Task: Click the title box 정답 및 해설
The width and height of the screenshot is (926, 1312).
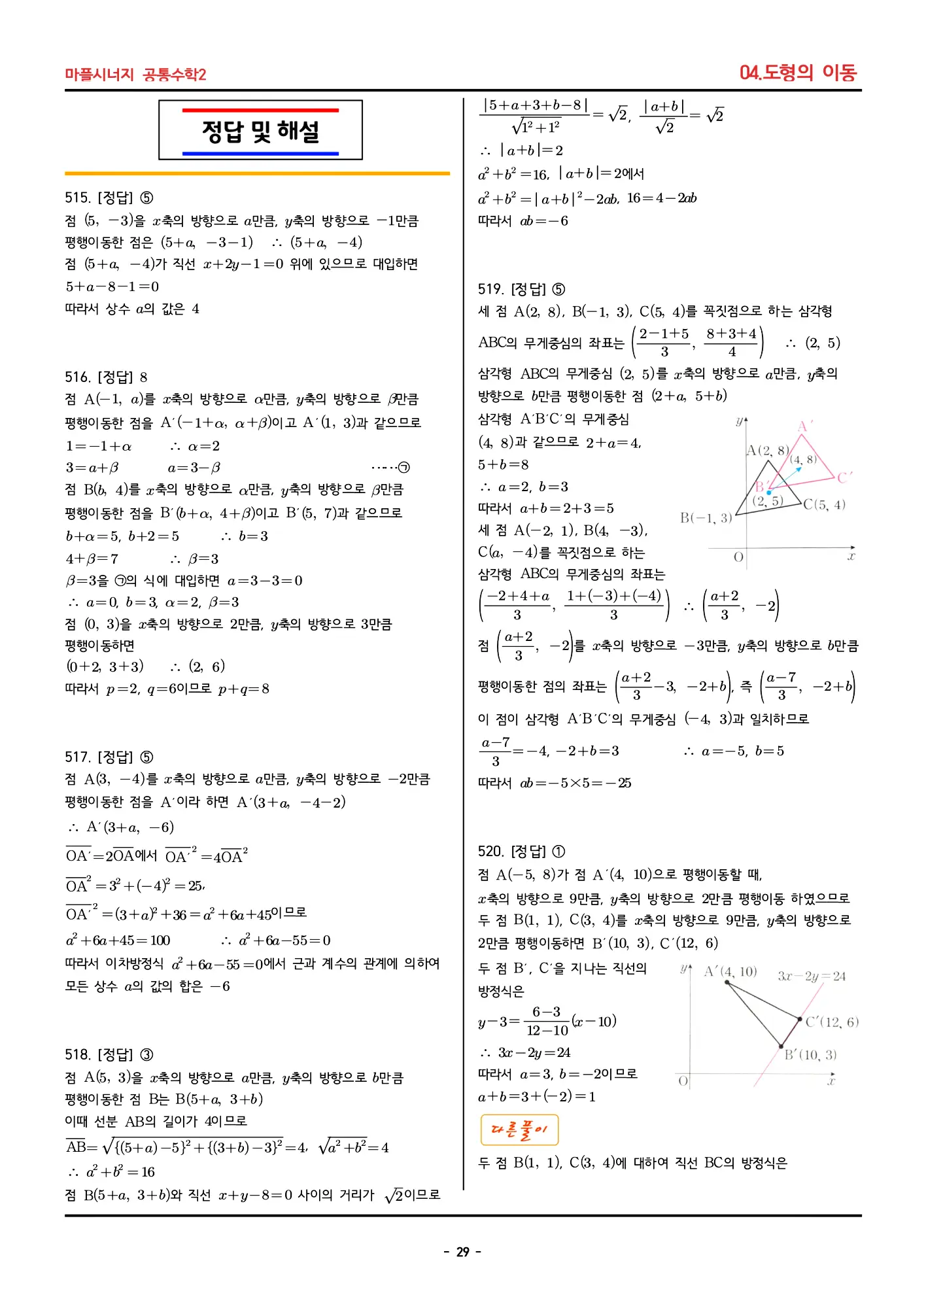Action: click(260, 130)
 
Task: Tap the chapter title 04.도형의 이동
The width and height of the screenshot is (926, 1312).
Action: click(797, 73)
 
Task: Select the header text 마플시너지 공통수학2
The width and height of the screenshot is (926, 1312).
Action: click(135, 75)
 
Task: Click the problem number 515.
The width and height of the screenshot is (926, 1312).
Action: click(77, 198)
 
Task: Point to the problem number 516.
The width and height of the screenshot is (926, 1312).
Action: click(77, 377)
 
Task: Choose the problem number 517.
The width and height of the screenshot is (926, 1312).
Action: click(77, 757)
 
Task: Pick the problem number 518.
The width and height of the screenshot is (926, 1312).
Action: click(77, 1055)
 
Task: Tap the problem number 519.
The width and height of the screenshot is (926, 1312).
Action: click(490, 290)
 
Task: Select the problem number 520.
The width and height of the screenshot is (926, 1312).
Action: click(490, 852)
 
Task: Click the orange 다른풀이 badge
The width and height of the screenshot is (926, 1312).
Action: click(519, 1130)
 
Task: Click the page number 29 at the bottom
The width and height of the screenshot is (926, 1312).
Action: click(463, 1252)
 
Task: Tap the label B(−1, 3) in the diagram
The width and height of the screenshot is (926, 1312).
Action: click(706, 518)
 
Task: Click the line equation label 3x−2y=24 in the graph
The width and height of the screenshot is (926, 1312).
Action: click(812, 976)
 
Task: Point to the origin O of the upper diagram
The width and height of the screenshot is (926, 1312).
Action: click(738, 557)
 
